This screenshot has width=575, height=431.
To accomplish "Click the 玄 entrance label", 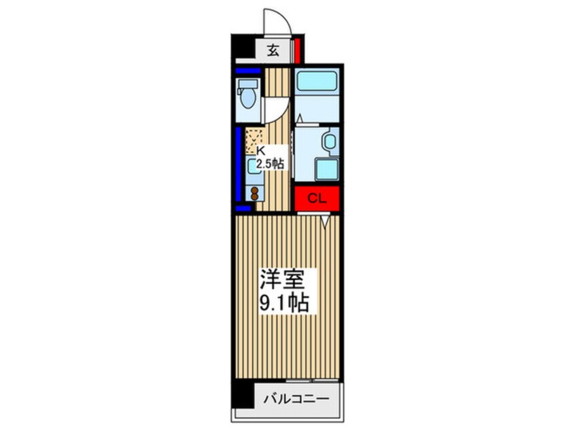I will [x=272, y=50].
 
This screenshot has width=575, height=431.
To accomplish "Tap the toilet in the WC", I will [x=247, y=95].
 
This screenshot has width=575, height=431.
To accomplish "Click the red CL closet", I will [x=316, y=199].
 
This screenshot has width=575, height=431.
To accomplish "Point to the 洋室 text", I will [x=285, y=279].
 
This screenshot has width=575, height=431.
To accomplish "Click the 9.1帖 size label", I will [x=285, y=302].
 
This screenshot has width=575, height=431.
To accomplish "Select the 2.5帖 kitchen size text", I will [x=270, y=163].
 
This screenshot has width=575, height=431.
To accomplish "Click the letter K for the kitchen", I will [x=260, y=151].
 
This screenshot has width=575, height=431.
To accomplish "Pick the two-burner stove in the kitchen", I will [x=256, y=193].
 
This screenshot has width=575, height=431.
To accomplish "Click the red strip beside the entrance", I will [x=298, y=50].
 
